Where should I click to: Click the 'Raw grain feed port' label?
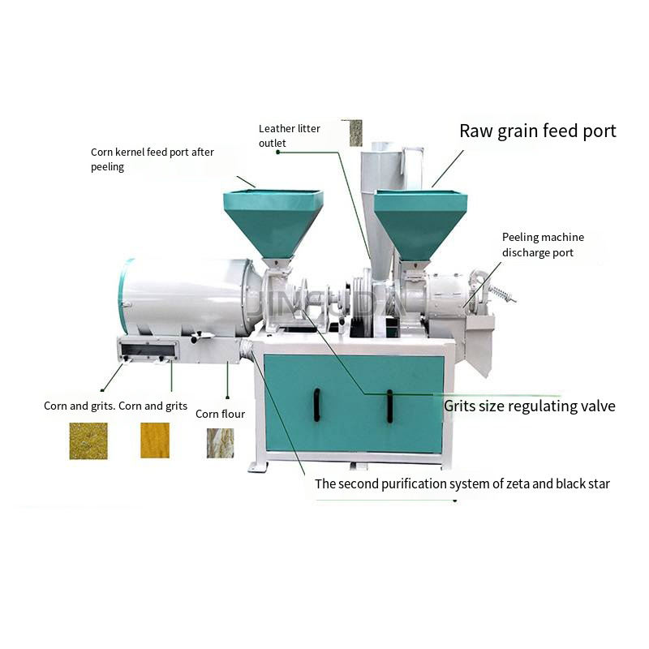click(x=537, y=131)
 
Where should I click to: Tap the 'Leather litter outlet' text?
click(x=289, y=135)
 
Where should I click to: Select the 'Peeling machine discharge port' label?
click(x=542, y=244)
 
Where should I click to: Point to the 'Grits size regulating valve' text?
click(x=529, y=406)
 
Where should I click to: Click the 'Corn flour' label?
click(x=220, y=414)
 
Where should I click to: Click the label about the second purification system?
click(x=462, y=484)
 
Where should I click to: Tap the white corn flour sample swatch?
click(x=220, y=443)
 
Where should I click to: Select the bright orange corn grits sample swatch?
click(x=155, y=440)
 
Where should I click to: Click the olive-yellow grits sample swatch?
click(x=88, y=441)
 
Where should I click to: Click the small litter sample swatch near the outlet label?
click(x=355, y=133)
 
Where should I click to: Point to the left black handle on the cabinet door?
click(x=316, y=404)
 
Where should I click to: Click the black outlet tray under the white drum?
click(x=148, y=351)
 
